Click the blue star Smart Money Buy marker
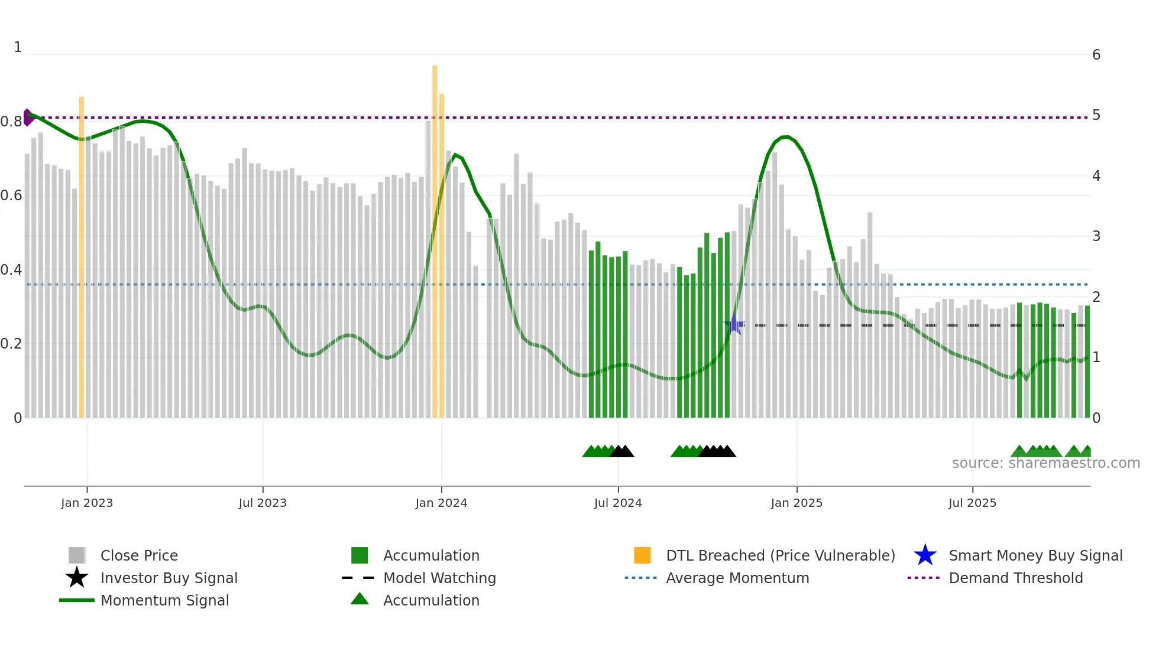tap(734, 324)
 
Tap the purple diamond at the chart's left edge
tap(28, 118)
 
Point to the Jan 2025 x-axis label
tap(797, 503)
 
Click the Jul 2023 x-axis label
tap(263, 503)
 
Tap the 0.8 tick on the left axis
tap(11, 122)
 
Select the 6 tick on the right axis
tap(1096, 55)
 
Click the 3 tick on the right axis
tap(1096, 236)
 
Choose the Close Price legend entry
tap(139, 555)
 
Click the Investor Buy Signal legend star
tap(77, 578)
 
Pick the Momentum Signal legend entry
tap(164, 600)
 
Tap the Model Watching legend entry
tap(439, 578)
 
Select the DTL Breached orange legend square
tap(642, 555)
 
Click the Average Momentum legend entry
tap(737, 578)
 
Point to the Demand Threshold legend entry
tap(1015, 578)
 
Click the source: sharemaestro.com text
tap(1045, 463)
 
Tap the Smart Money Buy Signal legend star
tap(925, 555)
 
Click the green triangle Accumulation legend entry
tap(360, 600)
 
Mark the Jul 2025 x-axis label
tap(972, 503)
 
